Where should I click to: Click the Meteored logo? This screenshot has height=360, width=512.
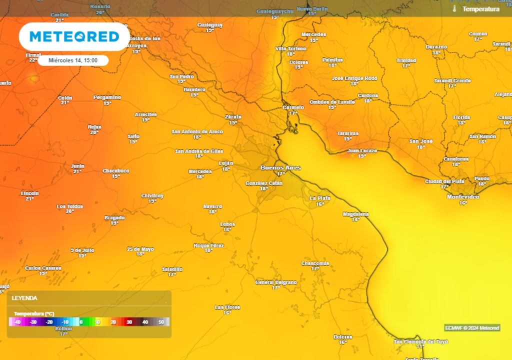(x=74, y=36)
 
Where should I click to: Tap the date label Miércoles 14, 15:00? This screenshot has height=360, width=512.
(x=73, y=60)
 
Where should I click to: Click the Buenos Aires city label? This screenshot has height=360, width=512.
(x=280, y=168)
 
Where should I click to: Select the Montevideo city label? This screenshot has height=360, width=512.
(x=462, y=197)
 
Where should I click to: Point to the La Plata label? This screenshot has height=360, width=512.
(x=319, y=198)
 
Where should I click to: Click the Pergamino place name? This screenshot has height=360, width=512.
(x=107, y=97)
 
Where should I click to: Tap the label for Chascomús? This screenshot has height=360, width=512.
(x=315, y=263)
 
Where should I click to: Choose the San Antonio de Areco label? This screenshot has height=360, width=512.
(x=197, y=132)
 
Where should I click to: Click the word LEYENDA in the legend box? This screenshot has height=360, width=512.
(x=24, y=298)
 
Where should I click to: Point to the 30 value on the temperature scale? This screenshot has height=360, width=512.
(x=128, y=322)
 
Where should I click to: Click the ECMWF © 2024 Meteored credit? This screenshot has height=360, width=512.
(x=471, y=328)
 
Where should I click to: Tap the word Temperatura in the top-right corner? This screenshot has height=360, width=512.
(x=480, y=9)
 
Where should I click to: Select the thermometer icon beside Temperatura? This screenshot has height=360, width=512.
(x=454, y=9)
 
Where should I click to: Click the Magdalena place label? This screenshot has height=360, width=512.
(x=355, y=214)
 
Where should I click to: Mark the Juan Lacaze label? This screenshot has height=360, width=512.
(x=362, y=150)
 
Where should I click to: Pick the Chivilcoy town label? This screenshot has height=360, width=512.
(x=152, y=196)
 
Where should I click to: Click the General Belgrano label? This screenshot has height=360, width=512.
(x=276, y=282)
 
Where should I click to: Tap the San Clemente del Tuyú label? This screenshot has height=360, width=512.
(x=420, y=341)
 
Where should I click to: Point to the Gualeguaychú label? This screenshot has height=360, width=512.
(x=274, y=11)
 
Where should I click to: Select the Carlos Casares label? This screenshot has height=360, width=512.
(x=43, y=268)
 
